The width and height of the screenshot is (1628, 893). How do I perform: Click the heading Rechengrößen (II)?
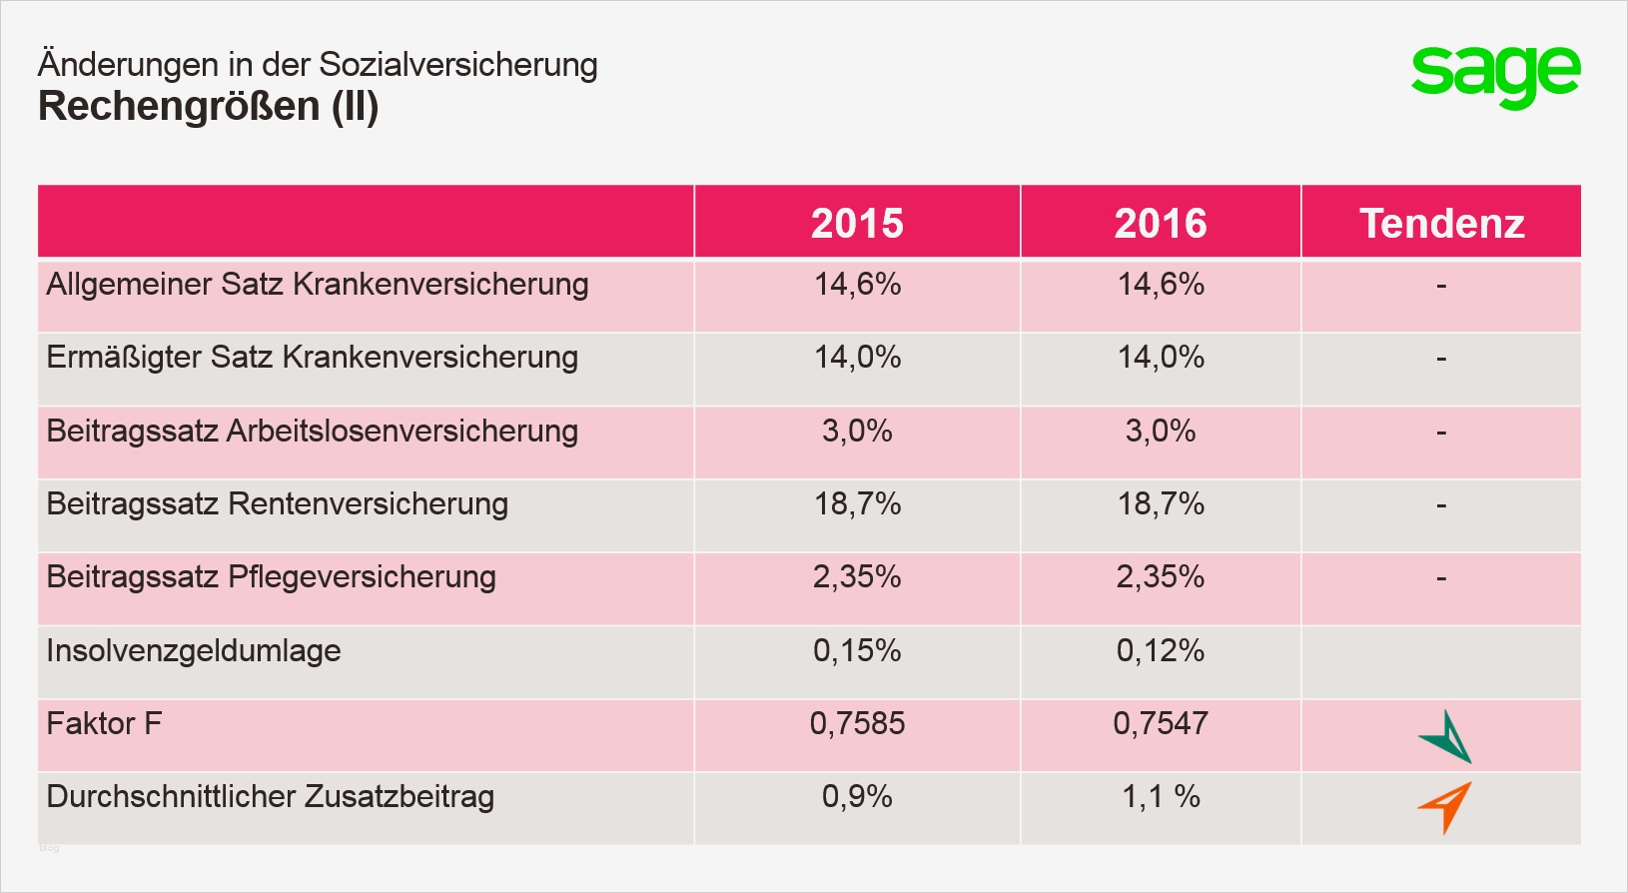[208, 107]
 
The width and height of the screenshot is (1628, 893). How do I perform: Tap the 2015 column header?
[857, 223]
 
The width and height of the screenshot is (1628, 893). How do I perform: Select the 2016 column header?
[1161, 223]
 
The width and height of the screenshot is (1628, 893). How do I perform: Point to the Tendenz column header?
[1441, 223]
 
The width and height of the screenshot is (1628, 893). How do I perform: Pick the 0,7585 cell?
[857, 723]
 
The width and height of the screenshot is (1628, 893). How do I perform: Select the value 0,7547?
[1161, 723]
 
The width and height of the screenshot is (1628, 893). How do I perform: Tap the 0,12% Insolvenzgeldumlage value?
[1161, 650]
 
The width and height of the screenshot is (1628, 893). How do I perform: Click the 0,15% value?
[857, 650]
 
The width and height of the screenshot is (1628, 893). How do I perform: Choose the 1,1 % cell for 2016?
[1161, 796]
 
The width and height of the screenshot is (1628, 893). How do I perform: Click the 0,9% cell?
[857, 796]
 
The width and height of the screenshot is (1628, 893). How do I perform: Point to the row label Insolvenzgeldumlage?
[194, 650]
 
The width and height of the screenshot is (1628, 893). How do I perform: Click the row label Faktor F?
[104, 723]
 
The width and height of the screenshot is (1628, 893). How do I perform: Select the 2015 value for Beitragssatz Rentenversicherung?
[857, 503]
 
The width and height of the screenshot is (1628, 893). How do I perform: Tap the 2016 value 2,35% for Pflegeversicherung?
[1161, 576]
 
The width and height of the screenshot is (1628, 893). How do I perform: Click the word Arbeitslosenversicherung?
[403, 431]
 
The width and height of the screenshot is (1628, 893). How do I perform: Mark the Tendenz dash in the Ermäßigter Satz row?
[1441, 359]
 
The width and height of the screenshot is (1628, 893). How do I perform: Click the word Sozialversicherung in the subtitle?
[458, 64]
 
